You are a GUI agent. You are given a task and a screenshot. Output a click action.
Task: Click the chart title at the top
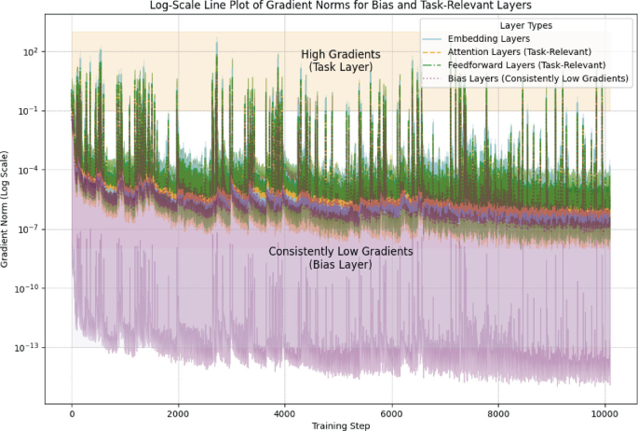click(341, 6)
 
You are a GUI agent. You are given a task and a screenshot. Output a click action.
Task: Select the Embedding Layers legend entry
click(489, 38)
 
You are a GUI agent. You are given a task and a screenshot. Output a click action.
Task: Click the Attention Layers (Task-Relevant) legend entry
click(520, 51)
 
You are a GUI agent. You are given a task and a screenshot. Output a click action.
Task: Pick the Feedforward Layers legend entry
click(526, 65)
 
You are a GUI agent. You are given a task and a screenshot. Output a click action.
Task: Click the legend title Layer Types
click(526, 26)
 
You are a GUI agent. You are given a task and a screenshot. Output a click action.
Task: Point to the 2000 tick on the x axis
click(178, 414)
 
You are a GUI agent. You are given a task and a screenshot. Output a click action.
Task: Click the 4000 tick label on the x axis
click(284, 414)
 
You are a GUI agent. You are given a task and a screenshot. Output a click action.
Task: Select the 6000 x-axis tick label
click(392, 414)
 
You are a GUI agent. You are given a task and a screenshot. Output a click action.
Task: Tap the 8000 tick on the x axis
click(498, 414)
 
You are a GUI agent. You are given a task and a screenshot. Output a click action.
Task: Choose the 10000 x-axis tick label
click(605, 414)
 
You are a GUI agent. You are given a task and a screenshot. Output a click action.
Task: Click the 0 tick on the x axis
click(72, 414)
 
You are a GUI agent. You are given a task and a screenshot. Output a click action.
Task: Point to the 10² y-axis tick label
click(31, 51)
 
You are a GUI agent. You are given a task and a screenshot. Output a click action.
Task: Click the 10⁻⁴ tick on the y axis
click(29, 170)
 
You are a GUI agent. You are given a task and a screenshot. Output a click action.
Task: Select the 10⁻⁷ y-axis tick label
click(29, 229)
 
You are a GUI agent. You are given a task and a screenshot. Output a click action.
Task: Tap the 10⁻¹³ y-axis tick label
click(27, 347)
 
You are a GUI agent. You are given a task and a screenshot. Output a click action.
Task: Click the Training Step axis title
click(341, 426)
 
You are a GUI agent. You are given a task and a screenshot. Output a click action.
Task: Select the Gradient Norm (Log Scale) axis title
click(5, 209)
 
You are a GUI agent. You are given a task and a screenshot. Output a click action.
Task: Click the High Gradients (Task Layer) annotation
click(341, 61)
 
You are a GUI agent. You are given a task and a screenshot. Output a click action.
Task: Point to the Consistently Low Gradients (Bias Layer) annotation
click(341, 257)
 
